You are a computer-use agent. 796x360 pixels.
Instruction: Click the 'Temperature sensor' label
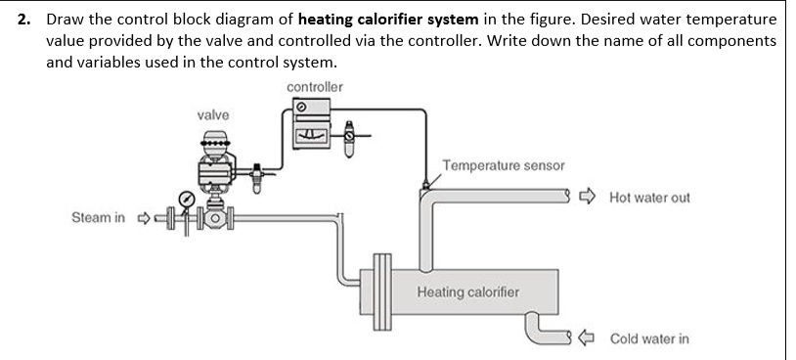pyautogui.click(x=504, y=165)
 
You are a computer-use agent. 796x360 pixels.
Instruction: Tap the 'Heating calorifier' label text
pyautogui.click(x=467, y=292)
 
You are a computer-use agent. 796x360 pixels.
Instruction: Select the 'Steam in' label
pyautogui.click(x=98, y=217)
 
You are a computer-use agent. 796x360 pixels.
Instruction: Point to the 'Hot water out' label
pyautogui.click(x=648, y=198)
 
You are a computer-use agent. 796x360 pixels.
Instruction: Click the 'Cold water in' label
pyautogui.click(x=648, y=338)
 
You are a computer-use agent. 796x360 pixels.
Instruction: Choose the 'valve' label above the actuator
pyautogui.click(x=213, y=115)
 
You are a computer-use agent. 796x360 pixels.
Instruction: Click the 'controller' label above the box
pyautogui.click(x=315, y=87)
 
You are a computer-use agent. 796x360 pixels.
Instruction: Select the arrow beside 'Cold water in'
pyautogui.click(x=586, y=338)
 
